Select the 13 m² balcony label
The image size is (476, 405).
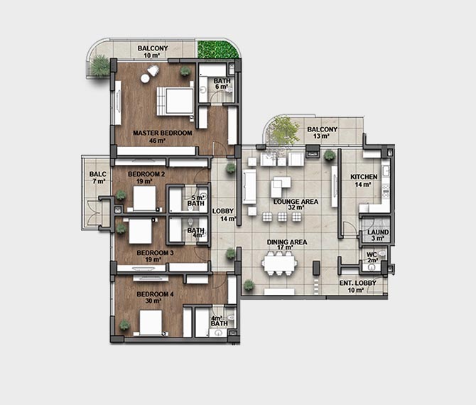pos(322,133)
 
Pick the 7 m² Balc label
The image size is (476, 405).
pos(98,178)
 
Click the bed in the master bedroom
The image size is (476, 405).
pos(175,101)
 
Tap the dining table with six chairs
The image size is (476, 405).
pos(279,263)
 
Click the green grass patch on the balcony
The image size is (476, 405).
pos(217,48)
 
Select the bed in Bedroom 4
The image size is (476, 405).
pos(151,323)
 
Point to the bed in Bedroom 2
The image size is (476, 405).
pos(144,198)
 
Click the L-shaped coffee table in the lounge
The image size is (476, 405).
pos(281,186)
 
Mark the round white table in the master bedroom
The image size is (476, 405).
pos(145,78)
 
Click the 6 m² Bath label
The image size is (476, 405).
pos(222,84)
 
